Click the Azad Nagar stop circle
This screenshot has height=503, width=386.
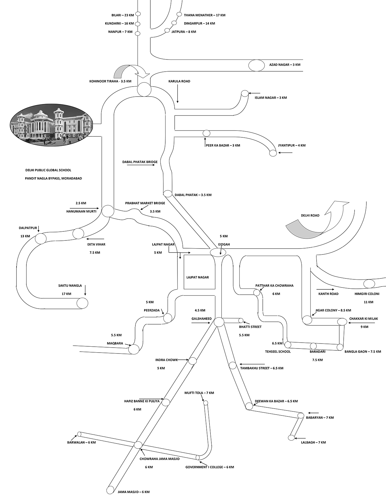tap(257, 65)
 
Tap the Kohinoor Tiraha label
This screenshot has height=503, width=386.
tap(110, 81)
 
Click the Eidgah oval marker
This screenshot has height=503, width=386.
tap(218, 252)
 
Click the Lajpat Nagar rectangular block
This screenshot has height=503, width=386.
tap(199, 272)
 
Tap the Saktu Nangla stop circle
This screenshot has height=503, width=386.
tap(82, 303)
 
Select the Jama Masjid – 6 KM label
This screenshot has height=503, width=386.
tap(134, 492)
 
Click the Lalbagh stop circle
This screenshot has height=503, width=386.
tap(291, 438)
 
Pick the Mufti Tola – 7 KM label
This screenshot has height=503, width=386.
tap(199, 393)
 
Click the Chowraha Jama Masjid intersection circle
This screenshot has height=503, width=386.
tap(138, 445)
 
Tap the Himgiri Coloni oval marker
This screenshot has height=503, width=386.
tap(369, 284)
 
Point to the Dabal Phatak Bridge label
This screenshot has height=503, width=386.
tap(140, 162)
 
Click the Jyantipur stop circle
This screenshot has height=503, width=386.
tap(273, 153)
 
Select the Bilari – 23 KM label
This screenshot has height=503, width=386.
tap(122, 15)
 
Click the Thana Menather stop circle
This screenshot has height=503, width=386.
tap(179, 14)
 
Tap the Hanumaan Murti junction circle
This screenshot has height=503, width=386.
tap(108, 211)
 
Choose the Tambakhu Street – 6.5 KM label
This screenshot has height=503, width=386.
tap(261, 368)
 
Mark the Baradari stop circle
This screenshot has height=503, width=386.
tap(313, 346)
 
